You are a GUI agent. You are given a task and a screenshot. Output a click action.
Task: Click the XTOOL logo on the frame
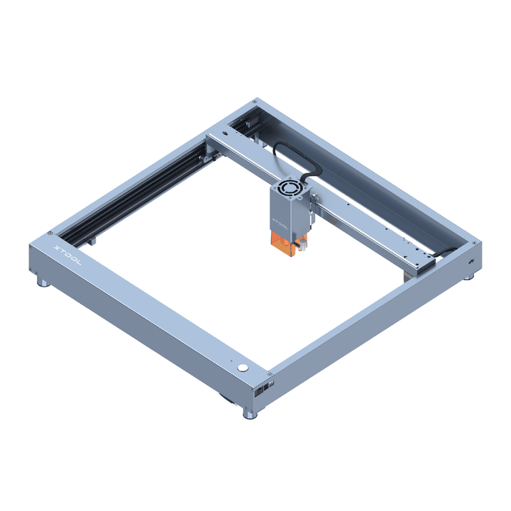(67, 255)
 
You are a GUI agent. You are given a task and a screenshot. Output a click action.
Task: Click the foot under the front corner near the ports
(250, 414)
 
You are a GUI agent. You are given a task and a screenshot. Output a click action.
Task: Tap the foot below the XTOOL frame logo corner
(43, 282)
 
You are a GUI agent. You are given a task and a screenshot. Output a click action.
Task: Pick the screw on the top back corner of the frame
(255, 101)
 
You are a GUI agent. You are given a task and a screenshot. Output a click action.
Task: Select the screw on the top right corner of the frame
(474, 243)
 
